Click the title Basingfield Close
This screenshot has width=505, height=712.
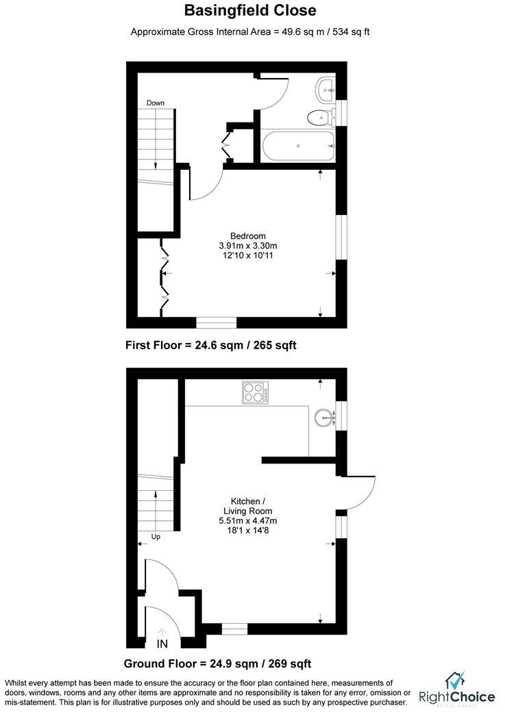coord(251,10)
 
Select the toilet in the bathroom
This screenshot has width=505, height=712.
coord(319,118)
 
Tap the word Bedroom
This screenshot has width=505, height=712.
coord(247,236)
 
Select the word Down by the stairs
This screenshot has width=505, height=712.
coord(155,103)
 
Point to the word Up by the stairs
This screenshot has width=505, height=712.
coord(156,537)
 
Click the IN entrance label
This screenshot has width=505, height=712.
coord(162,644)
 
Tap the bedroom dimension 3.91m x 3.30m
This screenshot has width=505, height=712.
coord(247,246)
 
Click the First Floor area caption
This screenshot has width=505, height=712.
coord(210,345)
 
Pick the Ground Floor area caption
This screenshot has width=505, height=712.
coord(217,663)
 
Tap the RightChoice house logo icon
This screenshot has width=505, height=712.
coord(456,681)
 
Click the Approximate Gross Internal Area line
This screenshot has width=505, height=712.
coord(251,31)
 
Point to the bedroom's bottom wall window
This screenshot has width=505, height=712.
coord(217,322)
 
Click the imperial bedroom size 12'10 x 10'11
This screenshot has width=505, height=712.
coord(247,255)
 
